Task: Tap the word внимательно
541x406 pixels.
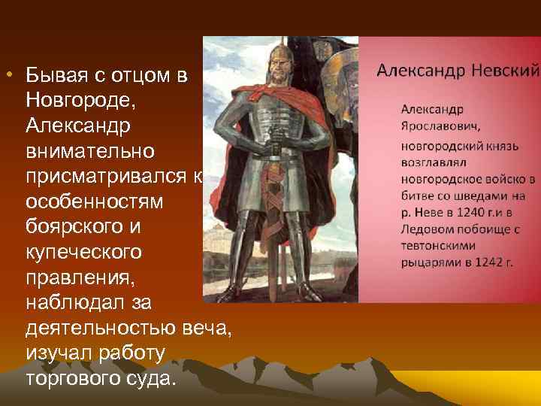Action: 90,151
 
